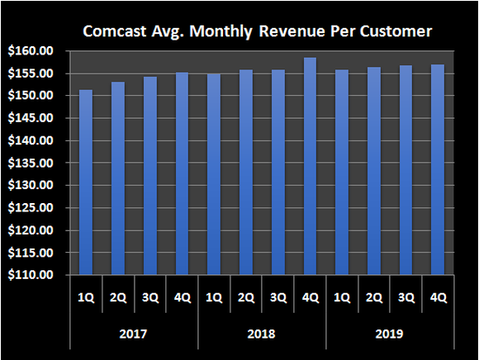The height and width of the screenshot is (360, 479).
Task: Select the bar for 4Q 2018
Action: [x=310, y=165]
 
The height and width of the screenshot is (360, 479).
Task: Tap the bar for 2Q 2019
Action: [x=374, y=170]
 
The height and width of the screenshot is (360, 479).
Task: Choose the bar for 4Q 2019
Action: [x=438, y=169]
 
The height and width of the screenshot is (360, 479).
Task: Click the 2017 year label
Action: [x=134, y=335]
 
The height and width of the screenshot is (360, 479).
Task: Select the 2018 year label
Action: [x=262, y=335]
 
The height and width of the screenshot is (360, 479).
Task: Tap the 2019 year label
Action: [x=390, y=335]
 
